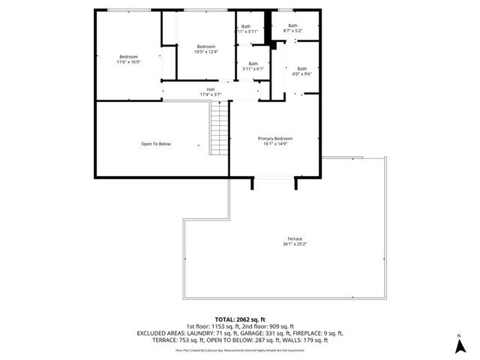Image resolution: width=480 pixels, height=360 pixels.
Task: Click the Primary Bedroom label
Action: pyautogui.click(x=274, y=139)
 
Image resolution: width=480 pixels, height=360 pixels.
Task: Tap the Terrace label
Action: pyautogui.click(x=293, y=238)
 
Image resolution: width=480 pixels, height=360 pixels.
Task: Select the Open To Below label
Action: pyautogui.click(x=156, y=144)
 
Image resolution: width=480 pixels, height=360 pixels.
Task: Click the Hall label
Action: pyautogui.click(x=211, y=89)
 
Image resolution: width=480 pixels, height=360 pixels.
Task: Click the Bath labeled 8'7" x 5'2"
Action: pyautogui.click(x=293, y=31)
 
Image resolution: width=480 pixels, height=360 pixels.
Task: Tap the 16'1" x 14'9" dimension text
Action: pyautogui.click(x=275, y=143)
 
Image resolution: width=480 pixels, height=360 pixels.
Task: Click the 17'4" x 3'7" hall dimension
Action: pyautogui.click(x=211, y=94)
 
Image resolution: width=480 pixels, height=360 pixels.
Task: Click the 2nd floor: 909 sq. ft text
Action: pyautogui.click(x=265, y=326)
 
